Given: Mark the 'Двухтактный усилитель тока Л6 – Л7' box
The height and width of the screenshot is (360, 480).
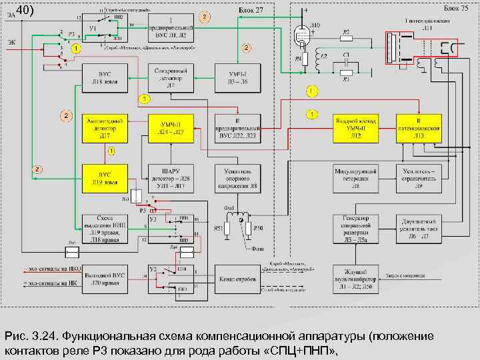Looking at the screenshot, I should coord(419,227).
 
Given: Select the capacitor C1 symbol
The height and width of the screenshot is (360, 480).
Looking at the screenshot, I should coord(345,59).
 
